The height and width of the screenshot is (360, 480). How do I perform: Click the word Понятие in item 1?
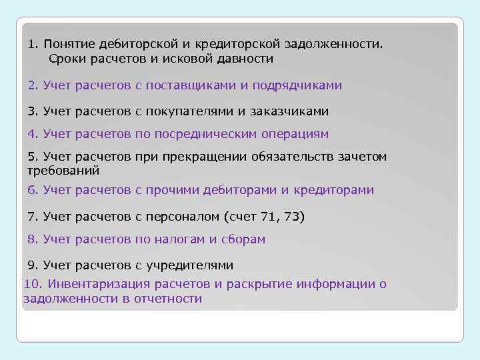[69, 45]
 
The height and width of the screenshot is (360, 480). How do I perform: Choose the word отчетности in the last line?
[171, 299]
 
